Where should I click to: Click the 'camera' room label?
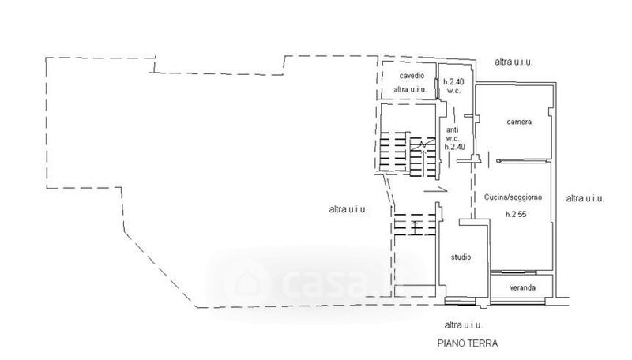(519, 122)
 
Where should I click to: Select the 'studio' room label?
(461, 257)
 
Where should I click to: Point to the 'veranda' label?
(523, 287)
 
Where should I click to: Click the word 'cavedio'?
(412, 75)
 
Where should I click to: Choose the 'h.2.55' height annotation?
(516, 214)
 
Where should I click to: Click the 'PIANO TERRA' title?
(468, 343)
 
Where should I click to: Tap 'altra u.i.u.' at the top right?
(514, 62)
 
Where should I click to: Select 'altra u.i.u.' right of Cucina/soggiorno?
(585, 198)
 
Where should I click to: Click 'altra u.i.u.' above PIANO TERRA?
(464, 325)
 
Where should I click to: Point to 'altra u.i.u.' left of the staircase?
(348, 209)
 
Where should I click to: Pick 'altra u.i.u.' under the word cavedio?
(410, 89)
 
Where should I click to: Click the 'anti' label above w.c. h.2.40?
(452, 130)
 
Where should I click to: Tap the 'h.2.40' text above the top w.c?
(453, 82)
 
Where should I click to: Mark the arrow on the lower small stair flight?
(416, 227)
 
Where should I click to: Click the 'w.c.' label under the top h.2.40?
(453, 91)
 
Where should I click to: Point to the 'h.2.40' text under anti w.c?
(455, 147)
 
